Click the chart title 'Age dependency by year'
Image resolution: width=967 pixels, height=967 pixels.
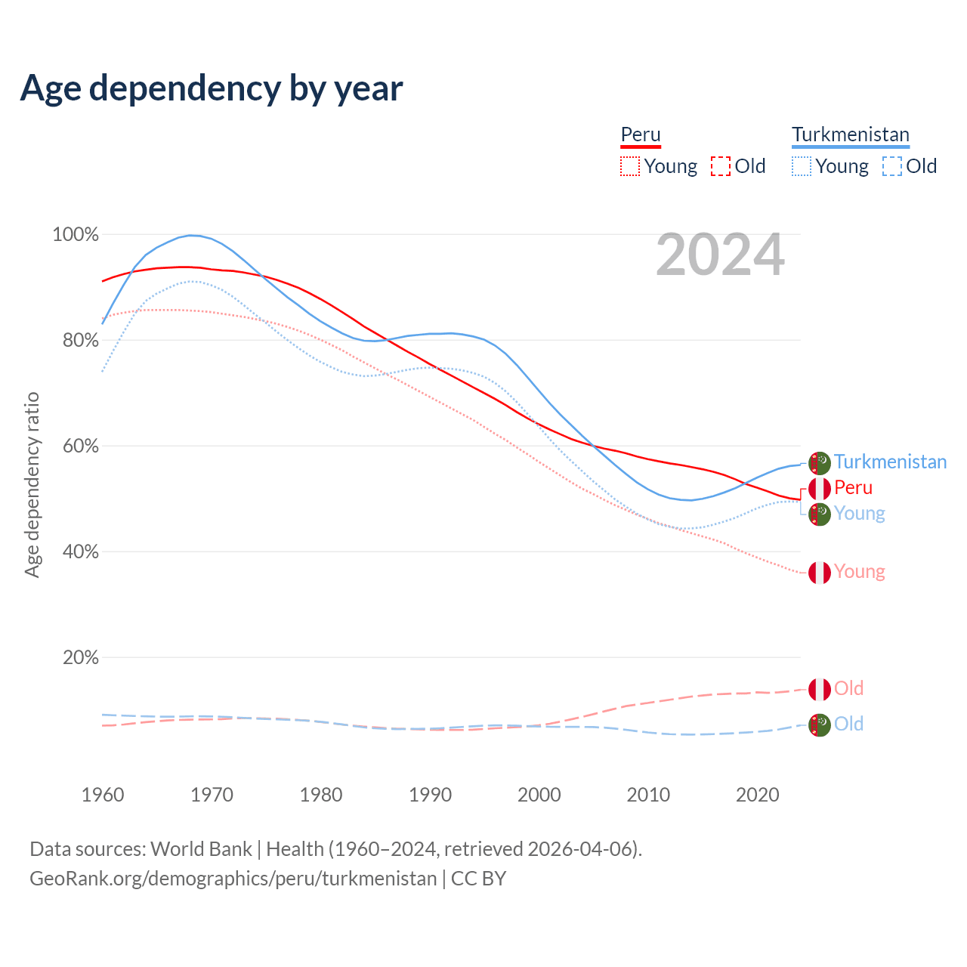click(x=212, y=88)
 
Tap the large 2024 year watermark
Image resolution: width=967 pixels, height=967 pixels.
click(x=720, y=255)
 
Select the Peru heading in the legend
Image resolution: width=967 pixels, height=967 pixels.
click(x=641, y=134)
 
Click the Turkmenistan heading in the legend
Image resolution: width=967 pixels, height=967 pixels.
click(x=851, y=134)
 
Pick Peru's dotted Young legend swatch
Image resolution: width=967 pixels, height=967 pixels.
click(x=630, y=166)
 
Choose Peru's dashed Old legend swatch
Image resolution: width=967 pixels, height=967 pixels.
click(x=721, y=166)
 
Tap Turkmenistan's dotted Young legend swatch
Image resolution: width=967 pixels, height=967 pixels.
click(x=802, y=166)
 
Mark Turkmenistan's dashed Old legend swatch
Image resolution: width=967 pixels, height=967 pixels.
click(x=892, y=166)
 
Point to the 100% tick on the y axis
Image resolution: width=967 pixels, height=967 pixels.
click(x=76, y=235)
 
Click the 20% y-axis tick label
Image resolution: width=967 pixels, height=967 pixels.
click(x=81, y=657)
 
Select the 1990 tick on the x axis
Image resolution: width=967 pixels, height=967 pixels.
click(x=431, y=795)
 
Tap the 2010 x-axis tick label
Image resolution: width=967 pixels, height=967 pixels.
click(x=648, y=795)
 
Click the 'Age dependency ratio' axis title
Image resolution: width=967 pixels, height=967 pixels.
click(x=32, y=484)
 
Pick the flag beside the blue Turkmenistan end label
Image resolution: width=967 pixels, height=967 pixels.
click(x=820, y=463)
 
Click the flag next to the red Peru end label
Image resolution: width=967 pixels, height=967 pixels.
click(x=820, y=488)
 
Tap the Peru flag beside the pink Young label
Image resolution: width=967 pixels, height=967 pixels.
click(x=820, y=573)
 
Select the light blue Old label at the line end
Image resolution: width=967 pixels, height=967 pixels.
click(x=848, y=724)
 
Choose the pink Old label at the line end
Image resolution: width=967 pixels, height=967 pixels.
click(x=848, y=688)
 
